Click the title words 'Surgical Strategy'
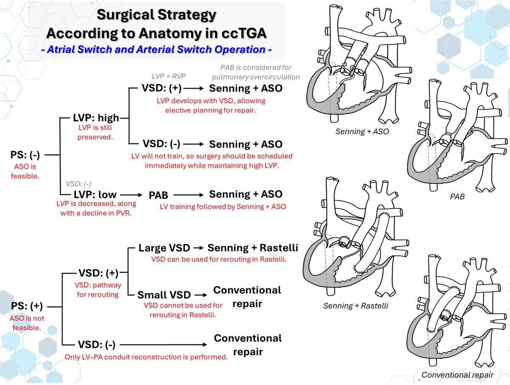pyautogui.click(x=157, y=15)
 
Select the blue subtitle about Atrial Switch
pyautogui.click(x=157, y=49)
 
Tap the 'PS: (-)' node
pyautogui.click(x=25, y=155)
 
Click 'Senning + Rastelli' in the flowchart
pyautogui.click(x=252, y=248)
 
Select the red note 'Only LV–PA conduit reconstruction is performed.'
pyautogui.click(x=146, y=357)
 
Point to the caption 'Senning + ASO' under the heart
pyautogui.click(x=361, y=132)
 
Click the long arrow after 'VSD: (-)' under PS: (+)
pyautogui.click(x=163, y=344)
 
